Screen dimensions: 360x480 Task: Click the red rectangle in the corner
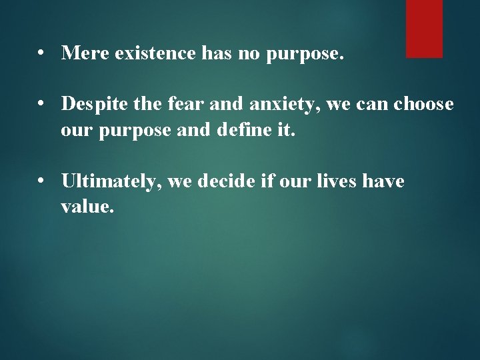[x=424, y=28]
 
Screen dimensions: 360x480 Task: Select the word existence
[x=153, y=53]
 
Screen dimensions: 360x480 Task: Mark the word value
[x=87, y=206]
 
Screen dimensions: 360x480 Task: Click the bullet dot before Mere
[x=42, y=54]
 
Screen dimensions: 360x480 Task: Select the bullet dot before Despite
[x=42, y=105]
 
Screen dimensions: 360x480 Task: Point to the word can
[x=365, y=105]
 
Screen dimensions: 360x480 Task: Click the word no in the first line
[x=247, y=54]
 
